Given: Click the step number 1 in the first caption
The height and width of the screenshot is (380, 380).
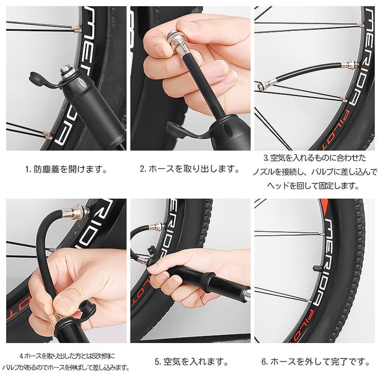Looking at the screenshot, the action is [27, 169].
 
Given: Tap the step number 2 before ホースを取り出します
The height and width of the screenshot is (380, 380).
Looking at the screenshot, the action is [143, 168].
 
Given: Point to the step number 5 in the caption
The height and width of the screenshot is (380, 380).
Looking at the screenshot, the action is [158, 362].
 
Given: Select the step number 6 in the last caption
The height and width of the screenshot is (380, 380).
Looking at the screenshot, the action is [264, 362].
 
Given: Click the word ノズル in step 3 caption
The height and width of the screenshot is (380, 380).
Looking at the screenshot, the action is [263, 172].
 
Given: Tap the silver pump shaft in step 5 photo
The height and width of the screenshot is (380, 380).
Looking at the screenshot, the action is [248, 294].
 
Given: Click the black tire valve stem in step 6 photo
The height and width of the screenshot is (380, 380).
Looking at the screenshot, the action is [319, 268].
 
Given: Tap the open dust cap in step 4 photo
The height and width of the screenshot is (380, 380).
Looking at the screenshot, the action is [87, 309].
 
